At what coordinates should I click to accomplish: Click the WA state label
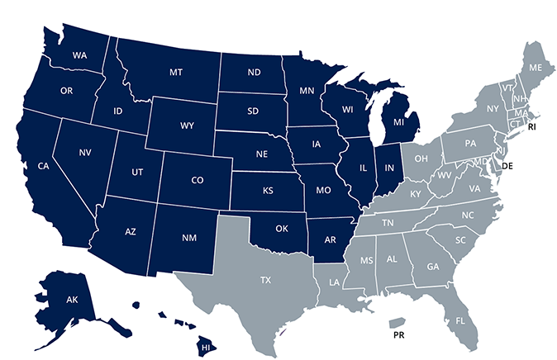point(80,55)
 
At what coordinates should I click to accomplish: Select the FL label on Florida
point(461,319)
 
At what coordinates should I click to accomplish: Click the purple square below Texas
point(288,334)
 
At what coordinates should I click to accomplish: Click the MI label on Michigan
point(399,123)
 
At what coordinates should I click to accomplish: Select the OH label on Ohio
point(421,157)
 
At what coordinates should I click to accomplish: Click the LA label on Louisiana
point(333,282)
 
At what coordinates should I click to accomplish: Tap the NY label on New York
point(493,108)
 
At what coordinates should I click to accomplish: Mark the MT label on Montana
point(175,73)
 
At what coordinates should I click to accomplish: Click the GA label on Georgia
point(433,266)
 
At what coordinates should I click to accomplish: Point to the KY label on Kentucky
point(416,193)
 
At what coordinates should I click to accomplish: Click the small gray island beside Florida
point(396,324)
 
